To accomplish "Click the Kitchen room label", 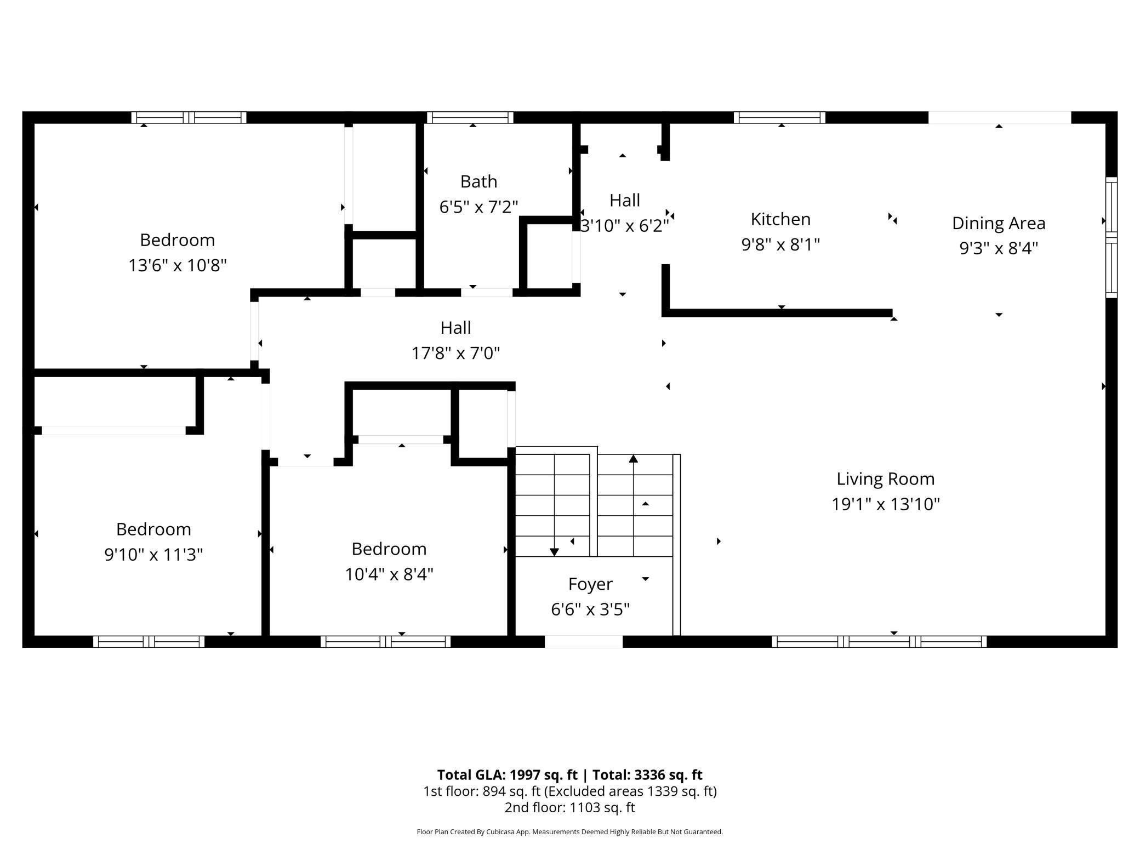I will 780,219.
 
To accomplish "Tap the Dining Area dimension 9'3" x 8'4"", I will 998,248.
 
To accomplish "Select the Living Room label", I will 885,479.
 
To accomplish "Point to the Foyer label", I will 590,584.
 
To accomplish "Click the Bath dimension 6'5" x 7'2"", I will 478,207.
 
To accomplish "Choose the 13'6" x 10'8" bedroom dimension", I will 177,266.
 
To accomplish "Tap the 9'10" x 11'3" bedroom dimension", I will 153,555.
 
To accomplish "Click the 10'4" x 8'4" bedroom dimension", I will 389,574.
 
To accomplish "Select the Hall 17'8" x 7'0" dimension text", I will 455,354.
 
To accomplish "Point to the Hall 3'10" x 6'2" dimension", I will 624,226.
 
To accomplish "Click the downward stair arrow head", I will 554,552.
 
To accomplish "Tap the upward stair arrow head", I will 634,458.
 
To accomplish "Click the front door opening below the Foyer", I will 583,641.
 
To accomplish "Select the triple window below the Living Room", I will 879,641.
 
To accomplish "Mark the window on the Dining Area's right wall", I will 1111,237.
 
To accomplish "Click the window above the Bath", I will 470,117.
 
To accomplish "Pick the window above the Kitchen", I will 779,117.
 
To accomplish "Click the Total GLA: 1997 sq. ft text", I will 507,774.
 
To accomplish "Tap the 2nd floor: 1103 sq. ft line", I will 569,807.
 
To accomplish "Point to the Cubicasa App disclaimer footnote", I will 569,832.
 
